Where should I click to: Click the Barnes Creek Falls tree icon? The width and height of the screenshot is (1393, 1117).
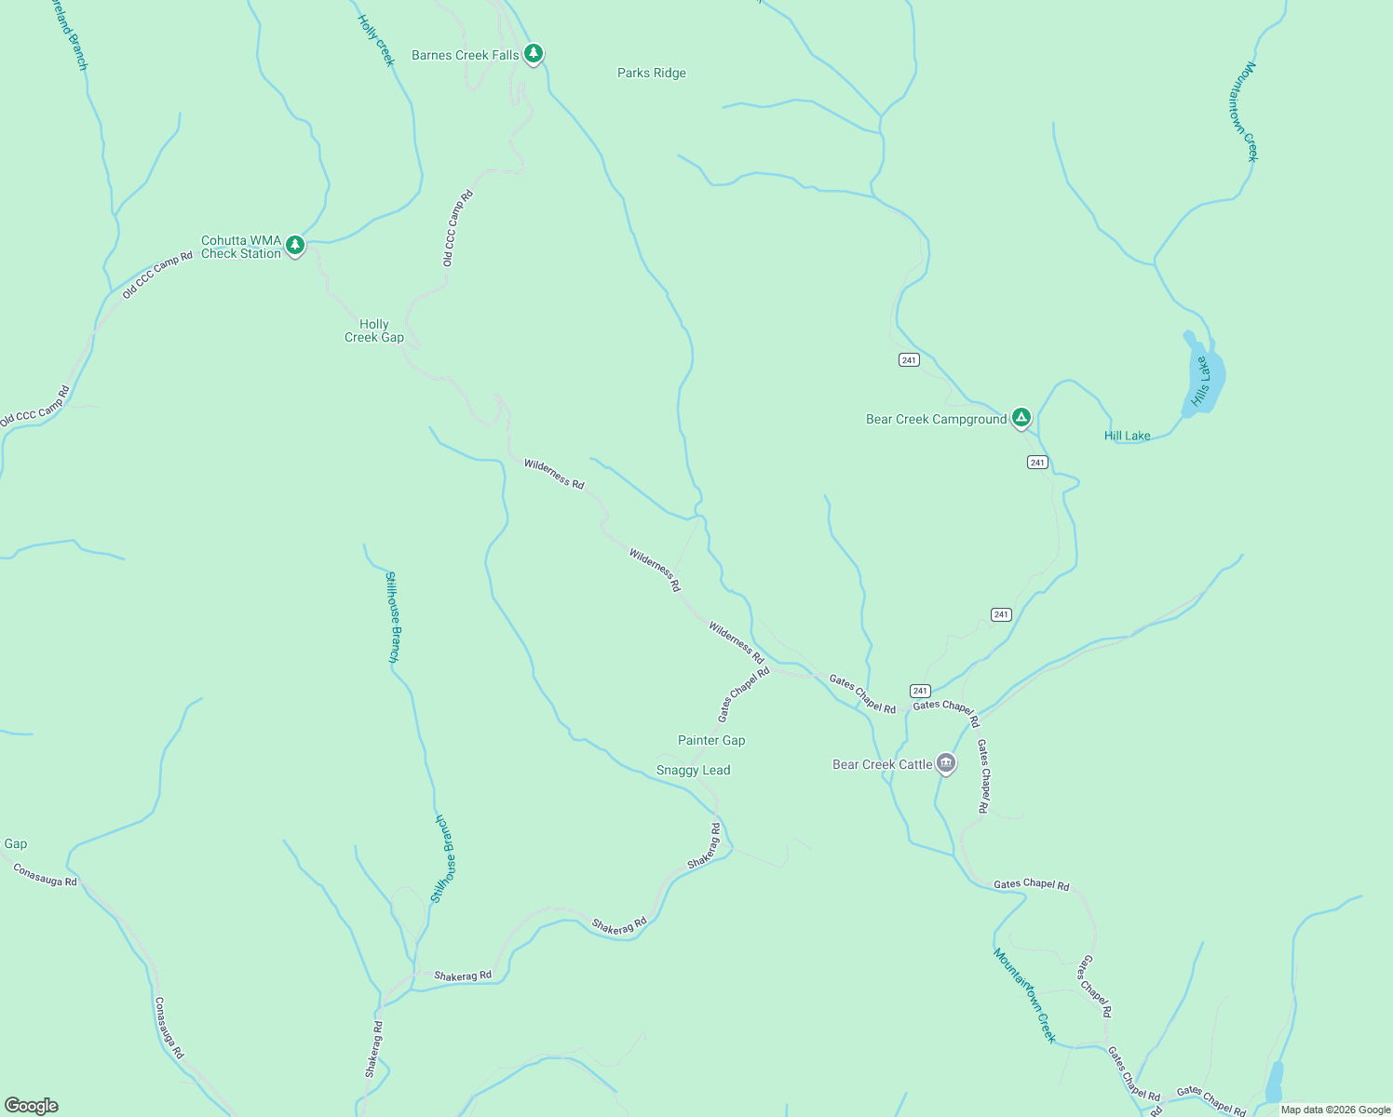tap(533, 54)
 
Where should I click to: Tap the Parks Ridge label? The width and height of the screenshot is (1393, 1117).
tap(651, 73)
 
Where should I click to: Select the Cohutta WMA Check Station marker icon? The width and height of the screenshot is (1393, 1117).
tap(295, 246)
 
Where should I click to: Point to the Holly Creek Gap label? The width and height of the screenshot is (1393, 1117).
tap(374, 330)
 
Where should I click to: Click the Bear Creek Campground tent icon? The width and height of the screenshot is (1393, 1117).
tap(1021, 418)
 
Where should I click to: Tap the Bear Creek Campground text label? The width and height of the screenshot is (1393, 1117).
tap(936, 420)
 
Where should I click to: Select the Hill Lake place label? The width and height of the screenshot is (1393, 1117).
tap(1127, 436)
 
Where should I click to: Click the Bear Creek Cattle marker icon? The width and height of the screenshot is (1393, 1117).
tap(946, 764)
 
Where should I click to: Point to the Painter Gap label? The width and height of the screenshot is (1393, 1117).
tap(711, 740)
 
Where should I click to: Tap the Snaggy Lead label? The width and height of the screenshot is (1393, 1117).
tap(693, 770)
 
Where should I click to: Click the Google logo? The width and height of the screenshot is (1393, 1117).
tap(32, 1106)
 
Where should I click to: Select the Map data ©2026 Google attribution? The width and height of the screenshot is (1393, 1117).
tap(1335, 1110)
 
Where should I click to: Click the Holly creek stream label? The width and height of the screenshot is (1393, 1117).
tap(377, 40)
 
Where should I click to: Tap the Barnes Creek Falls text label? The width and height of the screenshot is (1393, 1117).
tap(465, 55)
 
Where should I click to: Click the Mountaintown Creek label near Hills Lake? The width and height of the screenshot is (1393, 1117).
tap(1251, 112)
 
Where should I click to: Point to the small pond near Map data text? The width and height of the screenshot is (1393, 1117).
tap(1274, 1083)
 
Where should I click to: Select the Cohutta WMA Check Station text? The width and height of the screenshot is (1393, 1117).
tap(241, 247)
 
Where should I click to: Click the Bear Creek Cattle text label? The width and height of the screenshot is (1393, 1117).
tap(882, 764)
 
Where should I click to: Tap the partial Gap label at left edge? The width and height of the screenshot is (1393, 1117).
tap(16, 843)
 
